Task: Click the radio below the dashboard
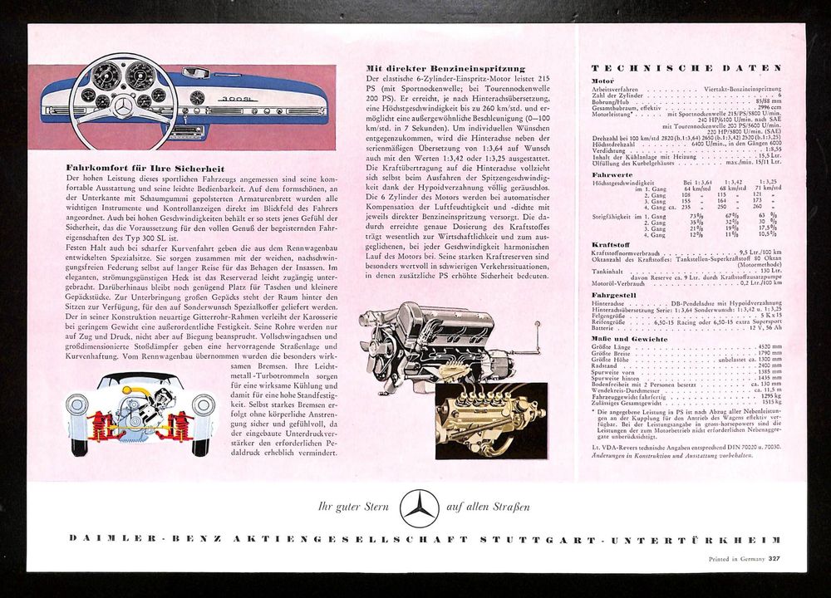(235, 120)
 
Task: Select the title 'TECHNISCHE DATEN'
(686, 67)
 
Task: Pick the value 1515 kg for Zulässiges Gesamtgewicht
(771, 401)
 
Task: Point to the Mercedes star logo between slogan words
(419, 507)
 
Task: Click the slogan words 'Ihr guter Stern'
(347, 506)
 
